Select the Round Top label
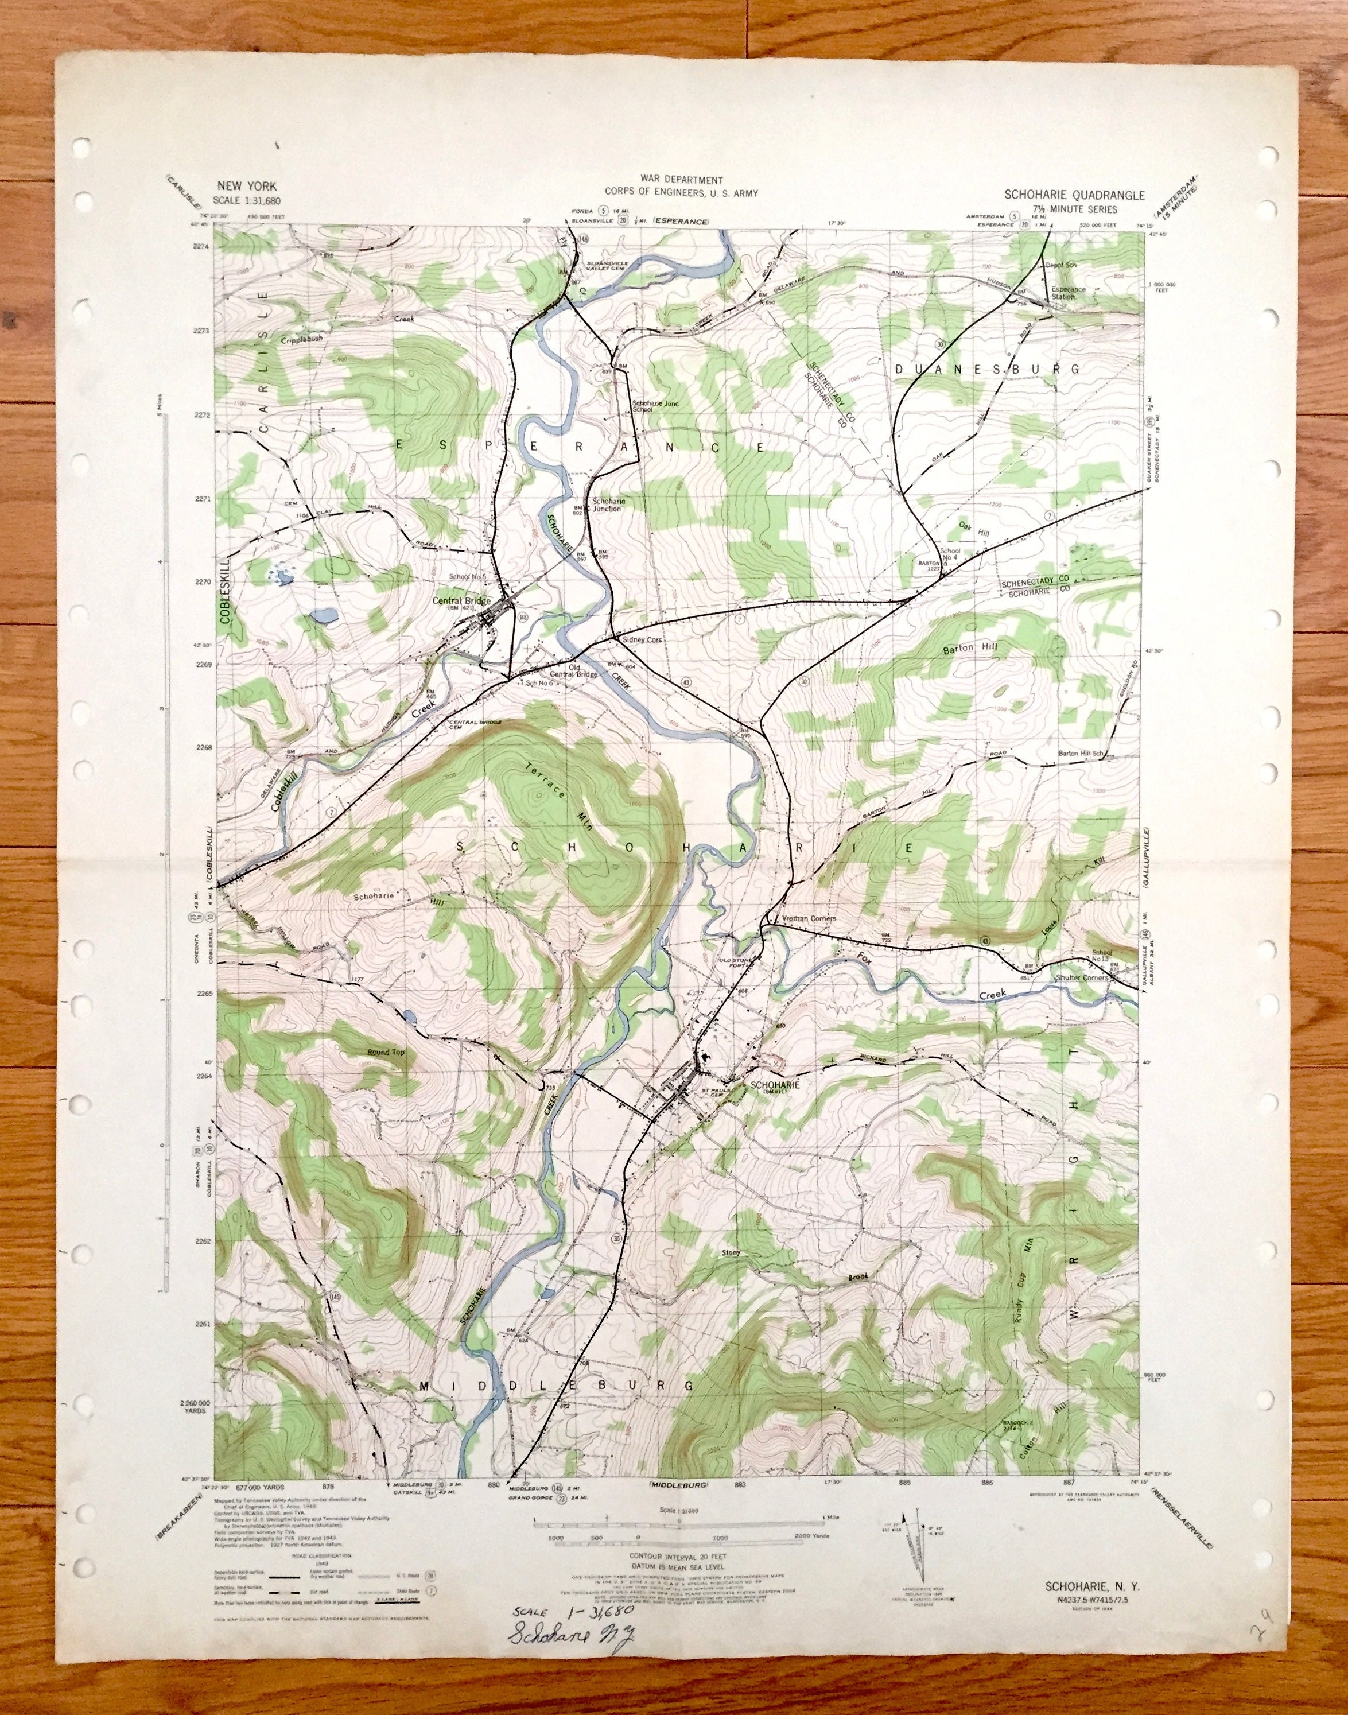(x=384, y=1052)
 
